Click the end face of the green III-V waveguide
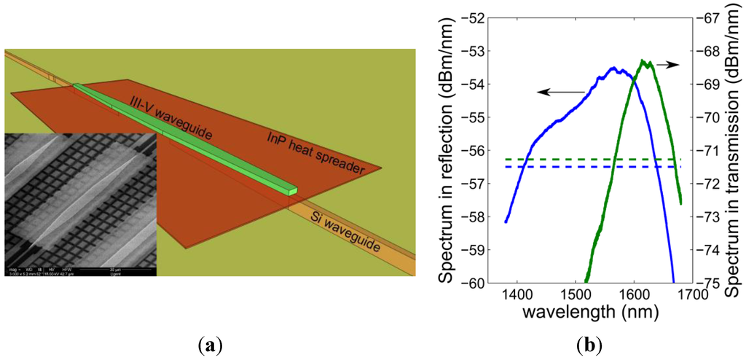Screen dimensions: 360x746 [293, 191]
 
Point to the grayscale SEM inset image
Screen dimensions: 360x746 [80, 204]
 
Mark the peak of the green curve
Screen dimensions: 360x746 [644, 61]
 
